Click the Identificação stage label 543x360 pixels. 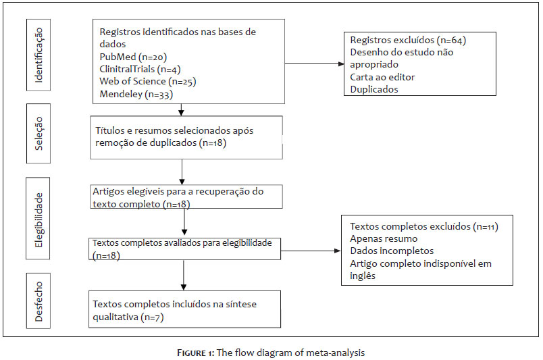[x=38, y=55]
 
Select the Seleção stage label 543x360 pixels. [x=38, y=134]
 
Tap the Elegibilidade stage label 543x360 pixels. [x=38, y=220]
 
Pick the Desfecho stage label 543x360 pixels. [x=38, y=301]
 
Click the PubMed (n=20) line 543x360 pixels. [x=133, y=57]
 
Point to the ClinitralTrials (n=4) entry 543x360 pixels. [x=140, y=70]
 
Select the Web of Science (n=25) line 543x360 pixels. [x=148, y=82]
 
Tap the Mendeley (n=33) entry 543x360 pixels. [x=136, y=95]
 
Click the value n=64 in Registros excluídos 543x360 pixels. [x=451, y=41]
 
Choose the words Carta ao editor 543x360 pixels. [x=382, y=77]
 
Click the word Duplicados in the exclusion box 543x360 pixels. [x=374, y=89]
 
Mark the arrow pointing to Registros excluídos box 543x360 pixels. [x=315, y=63]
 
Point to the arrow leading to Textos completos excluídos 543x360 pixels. [x=311, y=251]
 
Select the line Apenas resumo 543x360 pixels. [x=384, y=238]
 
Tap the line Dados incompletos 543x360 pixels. [x=392, y=251]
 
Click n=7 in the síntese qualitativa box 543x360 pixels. [x=152, y=317]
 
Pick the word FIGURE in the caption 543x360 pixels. [x=192, y=353]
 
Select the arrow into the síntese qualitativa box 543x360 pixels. [x=184, y=275]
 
